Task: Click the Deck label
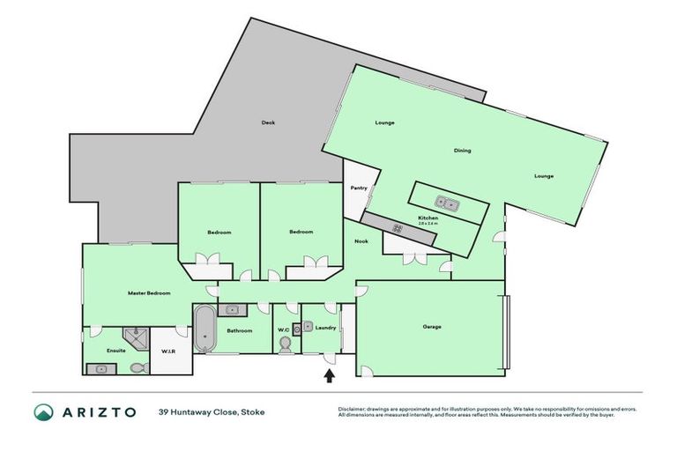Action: pos(268,122)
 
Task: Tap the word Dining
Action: pos(462,151)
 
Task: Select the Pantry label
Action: pos(359,188)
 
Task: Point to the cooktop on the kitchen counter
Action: pos(398,229)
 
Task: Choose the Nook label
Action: pos(361,240)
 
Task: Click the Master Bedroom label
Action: pos(148,292)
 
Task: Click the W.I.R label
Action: pos(167,351)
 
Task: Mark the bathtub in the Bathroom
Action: pos(203,329)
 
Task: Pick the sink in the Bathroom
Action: pos(232,309)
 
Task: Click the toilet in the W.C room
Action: pos(284,346)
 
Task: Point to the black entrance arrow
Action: pos(330,376)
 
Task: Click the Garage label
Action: pos(431,327)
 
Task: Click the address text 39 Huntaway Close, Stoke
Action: pos(212,411)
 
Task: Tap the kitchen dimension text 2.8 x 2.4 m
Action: pos(428,224)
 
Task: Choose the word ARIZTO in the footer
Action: pos(100,411)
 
